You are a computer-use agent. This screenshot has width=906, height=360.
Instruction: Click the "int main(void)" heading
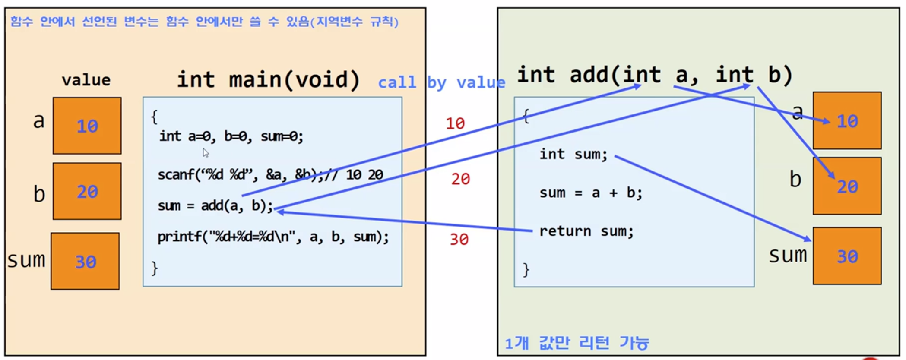click(x=268, y=80)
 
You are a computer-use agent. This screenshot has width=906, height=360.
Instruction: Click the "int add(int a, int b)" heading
click(x=654, y=75)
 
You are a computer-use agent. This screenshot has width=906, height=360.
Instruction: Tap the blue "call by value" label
click(x=441, y=82)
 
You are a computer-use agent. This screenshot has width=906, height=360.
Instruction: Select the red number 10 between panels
click(x=455, y=124)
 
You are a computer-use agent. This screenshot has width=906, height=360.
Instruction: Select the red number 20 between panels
click(x=460, y=179)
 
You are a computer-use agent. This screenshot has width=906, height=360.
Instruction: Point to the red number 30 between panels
click(x=459, y=240)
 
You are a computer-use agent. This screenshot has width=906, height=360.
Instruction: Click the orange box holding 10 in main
click(x=87, y=126)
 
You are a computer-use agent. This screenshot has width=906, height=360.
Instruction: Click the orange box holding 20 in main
click(x=87, y=191)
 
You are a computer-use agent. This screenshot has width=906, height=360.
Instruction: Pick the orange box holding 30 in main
click(x=85, y=261)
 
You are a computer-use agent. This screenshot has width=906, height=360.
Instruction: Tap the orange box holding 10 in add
click(x=847, y=121)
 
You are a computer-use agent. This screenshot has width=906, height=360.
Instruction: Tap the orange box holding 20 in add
click(x=847, y=186)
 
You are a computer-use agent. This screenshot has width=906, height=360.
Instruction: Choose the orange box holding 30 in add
click(x=847, y=256)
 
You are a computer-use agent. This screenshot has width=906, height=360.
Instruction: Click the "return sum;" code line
click(x=586, y=231)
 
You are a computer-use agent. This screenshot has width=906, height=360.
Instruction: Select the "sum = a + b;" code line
click(x=590, y=193)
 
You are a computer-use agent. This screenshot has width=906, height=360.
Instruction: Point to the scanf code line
click(x=270, y=175)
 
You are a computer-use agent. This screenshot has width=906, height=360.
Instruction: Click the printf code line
click(x=273, y=237)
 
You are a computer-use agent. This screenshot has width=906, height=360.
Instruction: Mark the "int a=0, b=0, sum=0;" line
click(x=231, y=136)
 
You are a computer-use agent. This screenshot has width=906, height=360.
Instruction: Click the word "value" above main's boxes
click(x=86, y=80)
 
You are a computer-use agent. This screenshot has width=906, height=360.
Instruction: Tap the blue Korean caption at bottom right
click(x=577, y=343)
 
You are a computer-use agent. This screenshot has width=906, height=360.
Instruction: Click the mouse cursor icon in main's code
click(x=206, y=152)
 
